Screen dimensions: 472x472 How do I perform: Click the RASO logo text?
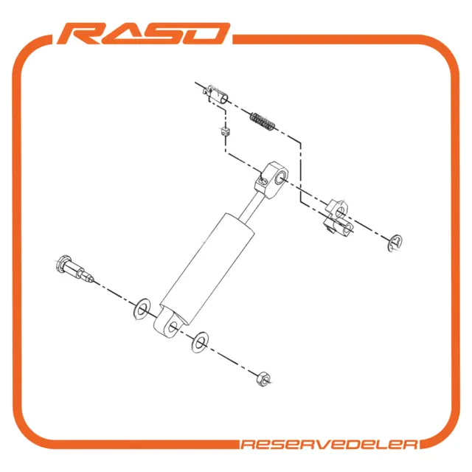[x=143, y=33]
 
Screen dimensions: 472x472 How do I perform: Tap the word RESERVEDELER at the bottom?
[x=329, y=445]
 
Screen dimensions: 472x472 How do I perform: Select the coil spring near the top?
[x=263, y=121]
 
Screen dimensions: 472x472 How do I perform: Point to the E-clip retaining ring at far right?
[x=395, y=243]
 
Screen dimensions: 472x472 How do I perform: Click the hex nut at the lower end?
[x=263, y=379]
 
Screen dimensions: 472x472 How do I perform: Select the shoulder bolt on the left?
[x=74, y=268]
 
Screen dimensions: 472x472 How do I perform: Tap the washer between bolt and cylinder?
[x=142, y=310]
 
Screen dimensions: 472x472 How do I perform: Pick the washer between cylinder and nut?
[x=200, y=342]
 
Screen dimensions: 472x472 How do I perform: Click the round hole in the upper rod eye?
[x=280, y=178]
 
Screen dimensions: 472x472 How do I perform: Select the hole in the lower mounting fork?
[x=173, y=327]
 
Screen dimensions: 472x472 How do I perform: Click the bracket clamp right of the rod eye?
[x=338, y=218]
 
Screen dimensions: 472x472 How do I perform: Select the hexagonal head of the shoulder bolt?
[x=63, y=263]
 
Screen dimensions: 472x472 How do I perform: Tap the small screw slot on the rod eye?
[x=263, y=181]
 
